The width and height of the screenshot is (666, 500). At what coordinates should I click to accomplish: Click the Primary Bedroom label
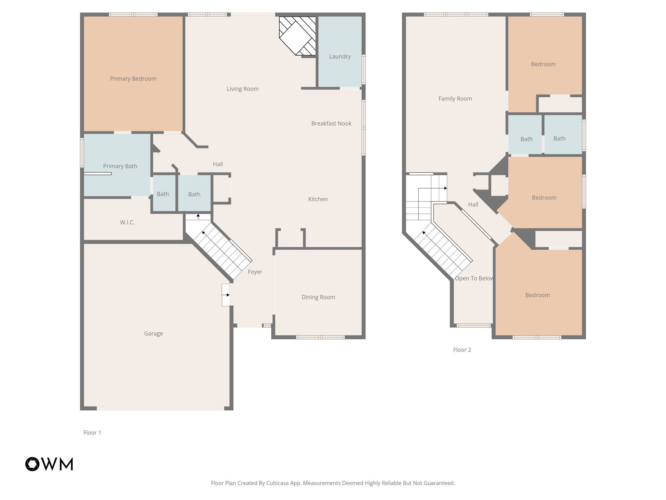pyautogui.click(x=133, y=78)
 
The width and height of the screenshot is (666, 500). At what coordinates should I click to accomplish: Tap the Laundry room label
pyautogui.click(x=340, y=56)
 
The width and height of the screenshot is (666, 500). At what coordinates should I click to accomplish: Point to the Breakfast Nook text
pyautogui.click(x=331, y=123)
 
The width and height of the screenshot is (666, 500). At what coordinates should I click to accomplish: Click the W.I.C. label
pyautogui.click(x=127, y=222)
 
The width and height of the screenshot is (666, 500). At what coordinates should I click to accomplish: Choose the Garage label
pyautogui.click(x=153, y=333)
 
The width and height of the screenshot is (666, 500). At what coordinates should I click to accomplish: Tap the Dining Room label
pyautogui.click(x=318, y=297)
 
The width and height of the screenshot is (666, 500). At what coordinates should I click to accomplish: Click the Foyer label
pyautogui.click(x=255, y=272)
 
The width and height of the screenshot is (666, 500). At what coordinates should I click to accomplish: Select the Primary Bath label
pyautogui.click(x=120, y=166)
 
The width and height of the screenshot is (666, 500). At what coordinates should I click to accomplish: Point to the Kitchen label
pyautogui.click(x=318, y=199)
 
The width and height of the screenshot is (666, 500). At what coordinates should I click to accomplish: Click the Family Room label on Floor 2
pyautogui.click(x=455, y=99)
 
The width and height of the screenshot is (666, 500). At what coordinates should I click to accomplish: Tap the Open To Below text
pyautogui.click(x=474, y=278)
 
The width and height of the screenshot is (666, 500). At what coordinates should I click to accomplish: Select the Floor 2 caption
pyautogui.click(x=462, y=350)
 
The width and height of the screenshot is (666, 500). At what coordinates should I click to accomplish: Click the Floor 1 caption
pyautogui.click(x=92, y=432)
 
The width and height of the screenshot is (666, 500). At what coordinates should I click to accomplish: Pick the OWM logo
pyautogui.click(x=49, y=464)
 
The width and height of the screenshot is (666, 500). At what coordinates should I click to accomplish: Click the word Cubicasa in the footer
pyautogui.click(x=278, y=483)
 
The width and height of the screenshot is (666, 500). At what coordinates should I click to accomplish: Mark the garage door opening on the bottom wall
pyautogui.click(x=160, y=408)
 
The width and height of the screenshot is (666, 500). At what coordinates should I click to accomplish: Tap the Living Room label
pyautogui.click(x=243, y=89)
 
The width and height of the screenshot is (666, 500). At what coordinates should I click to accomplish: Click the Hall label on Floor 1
pyautogui.click(x=218, y=164)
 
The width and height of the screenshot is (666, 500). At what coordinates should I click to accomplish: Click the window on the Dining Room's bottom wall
pyautogui.click(x=320, y=337)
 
